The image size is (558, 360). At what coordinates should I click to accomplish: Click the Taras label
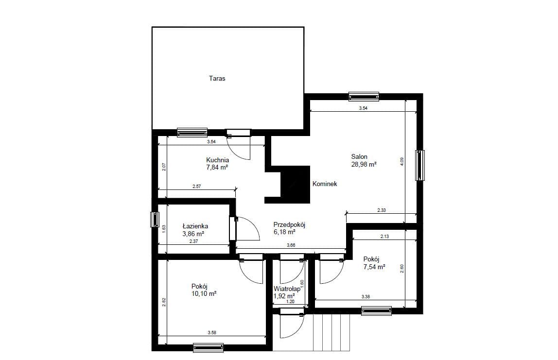pyautogui.click(x=217, y=79)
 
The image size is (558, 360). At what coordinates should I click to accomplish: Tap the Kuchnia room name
pyautogui.click(x=217, y=160)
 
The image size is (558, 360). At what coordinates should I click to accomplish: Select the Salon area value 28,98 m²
pyautogui.click(x=364, y=164)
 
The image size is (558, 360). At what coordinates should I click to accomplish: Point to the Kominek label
pyautogui.click(x=325, y=184)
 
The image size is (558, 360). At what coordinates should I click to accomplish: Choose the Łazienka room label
pyautogui.click(x=195, y=226)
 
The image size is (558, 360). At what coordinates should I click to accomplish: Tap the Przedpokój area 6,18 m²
pyautogui.click(x=284, y=232)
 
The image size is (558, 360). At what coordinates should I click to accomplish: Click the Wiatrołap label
pyautogui.click(x=287, y=289)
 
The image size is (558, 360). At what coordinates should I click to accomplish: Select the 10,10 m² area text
pyautogui.click(x=204, y=293)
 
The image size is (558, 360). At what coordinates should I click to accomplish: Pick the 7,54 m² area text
pyautogui.click(x=374, y=267)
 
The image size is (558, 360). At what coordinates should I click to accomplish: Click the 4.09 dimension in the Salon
pyautogui.click(x=402, y=161)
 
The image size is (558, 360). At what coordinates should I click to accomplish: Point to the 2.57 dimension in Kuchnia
pyautogui.click(x=196, y=186)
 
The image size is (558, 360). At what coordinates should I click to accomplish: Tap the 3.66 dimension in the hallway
pyautogui.click(x=291, y=245)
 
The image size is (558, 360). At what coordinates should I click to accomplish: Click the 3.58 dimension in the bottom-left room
pyautogui.click(x=212, y=333)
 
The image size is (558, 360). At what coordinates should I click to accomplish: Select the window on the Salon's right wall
pyautogui.click(x=420, y=165)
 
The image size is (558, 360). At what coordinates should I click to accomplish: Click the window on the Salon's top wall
pyautogui.click(x=364, y=96)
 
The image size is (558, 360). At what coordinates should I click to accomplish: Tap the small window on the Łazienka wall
pyautogui.click(x=155, y=220)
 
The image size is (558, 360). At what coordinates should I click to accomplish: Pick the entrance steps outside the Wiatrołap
pyautogui.click(x=331, y=333)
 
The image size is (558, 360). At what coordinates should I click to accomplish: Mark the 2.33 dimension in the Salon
pyautogui.click(x=382, y=210)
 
